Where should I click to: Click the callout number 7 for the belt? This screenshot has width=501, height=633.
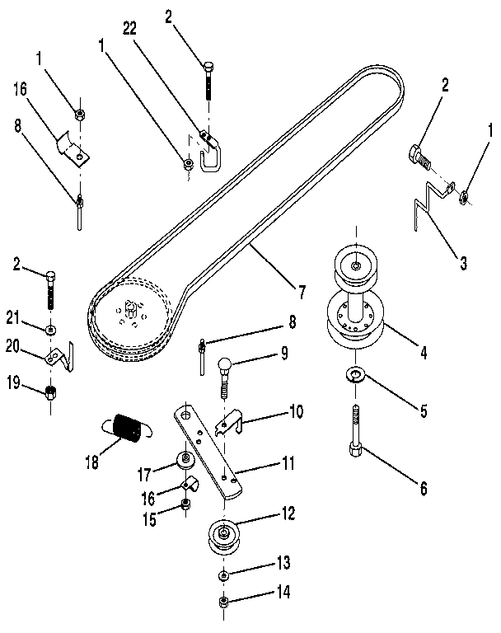point(302,291)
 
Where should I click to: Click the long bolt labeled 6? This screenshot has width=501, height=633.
point(355,435)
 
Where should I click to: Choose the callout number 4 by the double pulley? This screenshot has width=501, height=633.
point(424,353)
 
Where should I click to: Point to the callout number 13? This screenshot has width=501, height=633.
point(283,563)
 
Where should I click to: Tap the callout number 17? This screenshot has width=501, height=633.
point(145,475)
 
